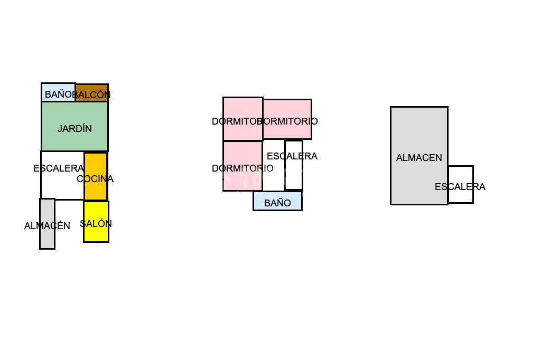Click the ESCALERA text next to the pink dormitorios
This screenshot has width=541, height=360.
(x=292, y=156)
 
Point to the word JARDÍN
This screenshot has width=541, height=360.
(x=74, y=129)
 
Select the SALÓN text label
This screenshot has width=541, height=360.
(x=96, y=224)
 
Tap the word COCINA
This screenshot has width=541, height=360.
(x=95, y=179)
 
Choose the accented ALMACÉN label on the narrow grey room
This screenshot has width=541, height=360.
(x=47, y=226)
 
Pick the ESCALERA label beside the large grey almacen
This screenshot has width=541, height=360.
(x=460, y=187)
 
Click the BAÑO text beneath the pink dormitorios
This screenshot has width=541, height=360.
(x=277, y=203)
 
